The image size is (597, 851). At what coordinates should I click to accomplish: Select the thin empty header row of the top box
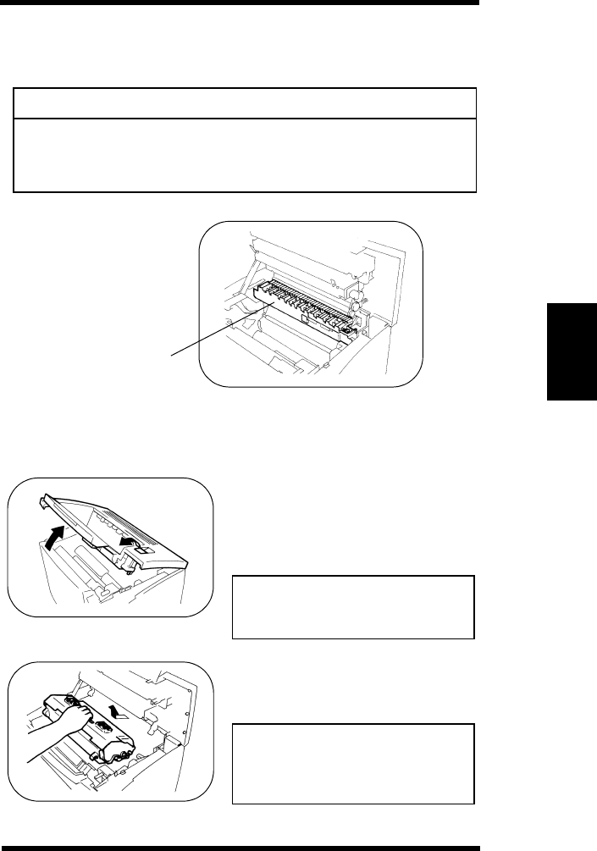coord(246,102)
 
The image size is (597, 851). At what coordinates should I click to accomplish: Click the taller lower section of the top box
coord(246,155)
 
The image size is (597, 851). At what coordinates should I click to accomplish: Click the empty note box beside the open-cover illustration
coord(353,607)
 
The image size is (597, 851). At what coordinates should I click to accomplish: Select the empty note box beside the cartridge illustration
coord(353,764)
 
